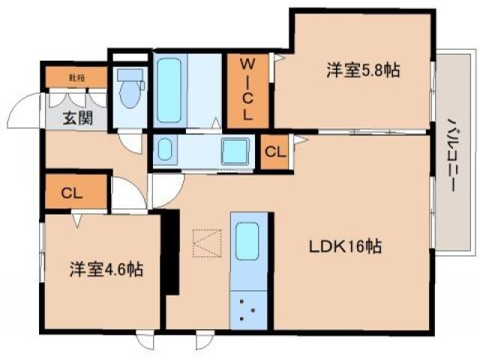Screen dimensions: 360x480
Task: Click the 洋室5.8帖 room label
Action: (x=362, y=71)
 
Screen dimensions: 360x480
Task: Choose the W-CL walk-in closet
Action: (x=245, y=90)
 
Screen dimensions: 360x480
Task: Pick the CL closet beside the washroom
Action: (x=274, y=151)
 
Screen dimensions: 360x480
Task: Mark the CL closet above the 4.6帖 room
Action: (x=71, y=193)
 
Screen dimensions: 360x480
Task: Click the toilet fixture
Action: (x=131, y=94)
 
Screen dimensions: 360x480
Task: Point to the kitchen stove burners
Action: (x=249, y=309)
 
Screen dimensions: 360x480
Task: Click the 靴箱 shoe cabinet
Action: (x=76, y=77)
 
